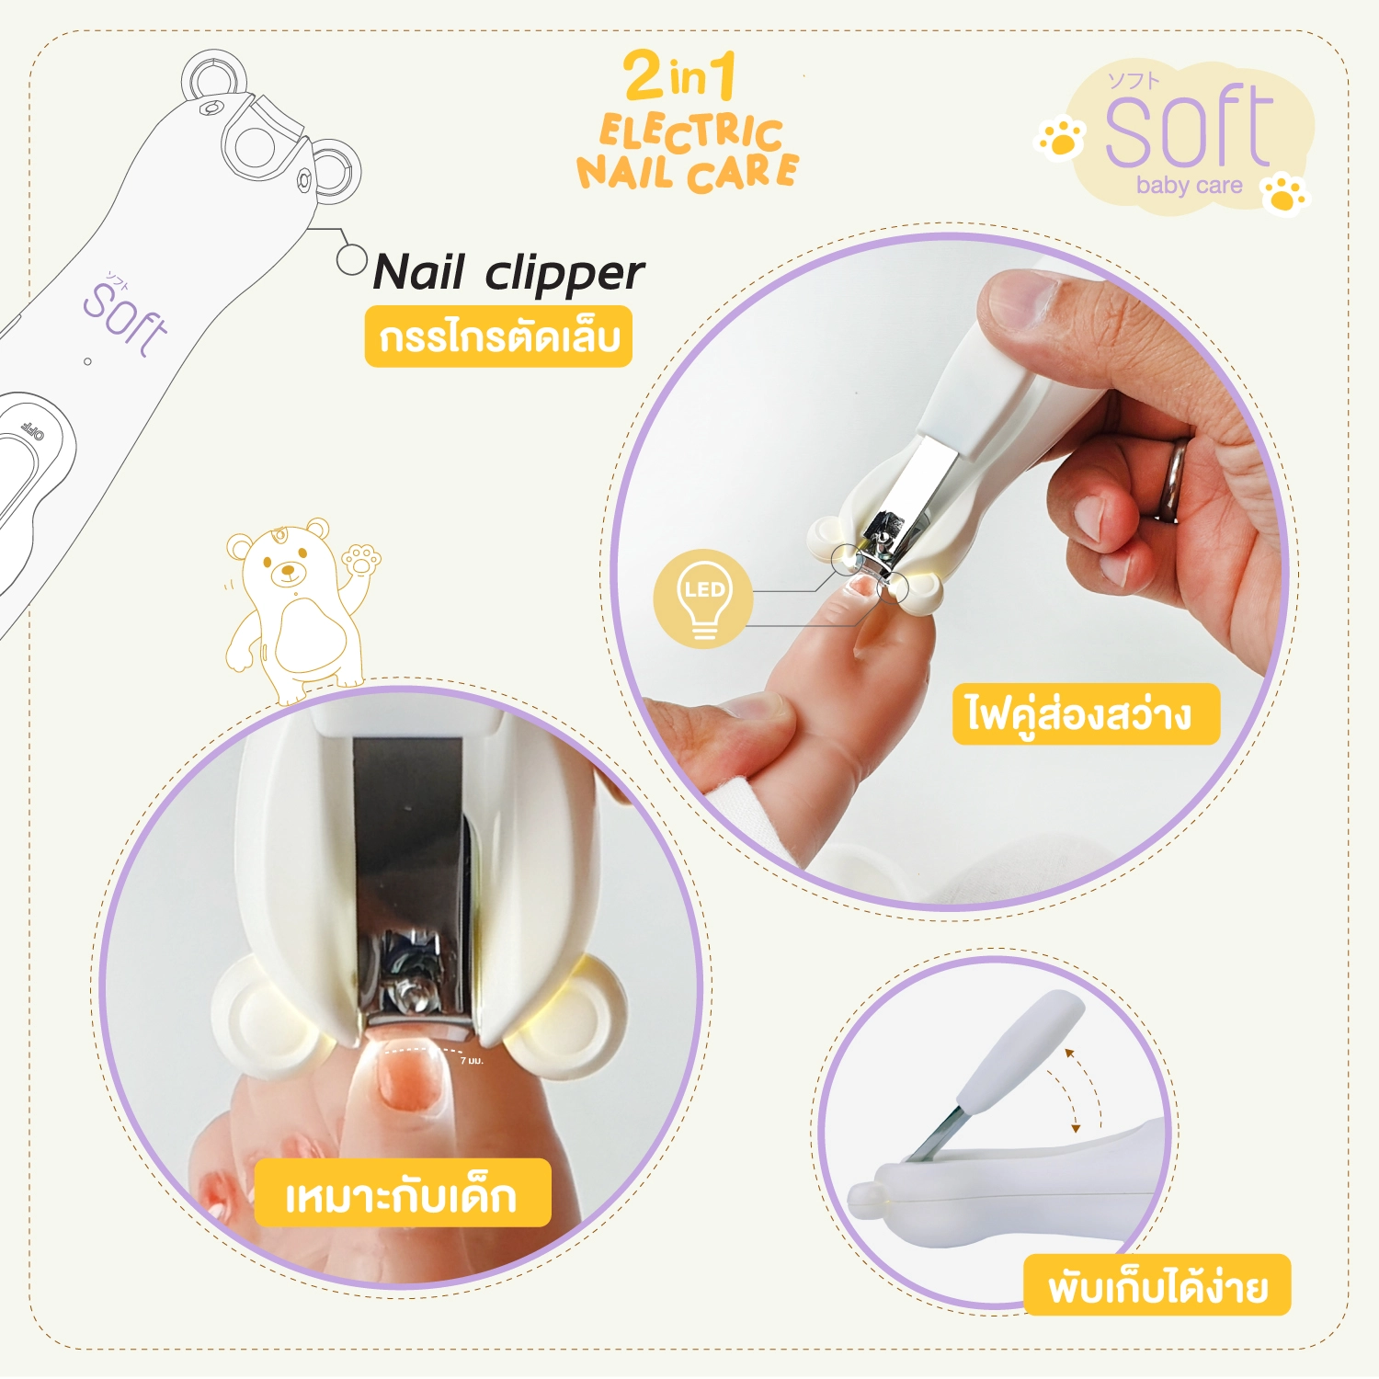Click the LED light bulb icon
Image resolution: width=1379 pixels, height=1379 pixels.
[703, 598]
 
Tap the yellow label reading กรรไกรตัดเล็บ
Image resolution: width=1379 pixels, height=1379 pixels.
[498, 336]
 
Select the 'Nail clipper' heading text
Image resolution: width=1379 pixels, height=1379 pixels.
[508, 273]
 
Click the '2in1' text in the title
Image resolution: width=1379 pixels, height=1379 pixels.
[681, 74]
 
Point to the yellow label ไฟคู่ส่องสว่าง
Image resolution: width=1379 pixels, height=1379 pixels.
[1086, 713]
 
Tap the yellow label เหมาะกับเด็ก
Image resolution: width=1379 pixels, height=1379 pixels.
[402, 1192]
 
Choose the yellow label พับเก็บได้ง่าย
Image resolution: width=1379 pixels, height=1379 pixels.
[1157, 1284]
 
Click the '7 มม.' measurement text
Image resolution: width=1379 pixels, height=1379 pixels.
[471, 1061]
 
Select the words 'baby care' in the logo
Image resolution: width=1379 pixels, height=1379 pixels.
[1189, 185]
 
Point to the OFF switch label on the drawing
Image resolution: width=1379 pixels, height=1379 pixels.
[34, 429]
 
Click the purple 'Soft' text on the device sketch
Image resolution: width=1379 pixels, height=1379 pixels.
[126, 316]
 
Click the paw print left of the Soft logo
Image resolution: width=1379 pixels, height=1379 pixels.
[1062, 139]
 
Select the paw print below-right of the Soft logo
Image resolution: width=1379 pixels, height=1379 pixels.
[1285, 194]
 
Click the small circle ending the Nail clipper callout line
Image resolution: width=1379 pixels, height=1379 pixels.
[351, 259]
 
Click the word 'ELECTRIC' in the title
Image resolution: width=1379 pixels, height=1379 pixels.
[691, 132]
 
